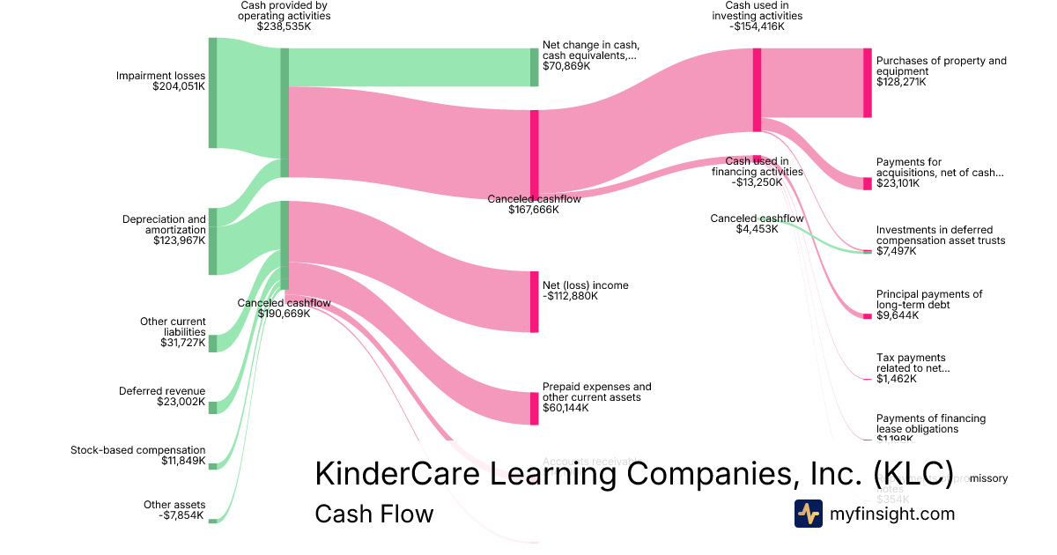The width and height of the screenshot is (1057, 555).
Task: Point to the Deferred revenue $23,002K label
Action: (162, 396)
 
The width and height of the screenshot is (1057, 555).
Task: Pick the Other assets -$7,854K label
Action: (174, 510)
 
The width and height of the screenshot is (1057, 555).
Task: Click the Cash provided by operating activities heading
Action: (285, 16)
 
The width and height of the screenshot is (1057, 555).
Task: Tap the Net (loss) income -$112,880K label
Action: (585, 291)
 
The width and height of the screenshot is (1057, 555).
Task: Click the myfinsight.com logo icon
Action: (808, 514)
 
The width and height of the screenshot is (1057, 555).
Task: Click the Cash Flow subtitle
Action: (373, 514)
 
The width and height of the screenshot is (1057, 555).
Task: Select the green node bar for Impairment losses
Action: (212, 92)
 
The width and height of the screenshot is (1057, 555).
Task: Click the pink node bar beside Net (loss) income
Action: (534, 301)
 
